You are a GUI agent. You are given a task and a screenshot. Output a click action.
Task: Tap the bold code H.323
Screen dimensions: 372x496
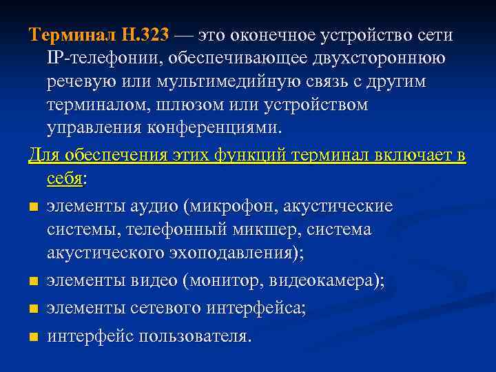(144, 34)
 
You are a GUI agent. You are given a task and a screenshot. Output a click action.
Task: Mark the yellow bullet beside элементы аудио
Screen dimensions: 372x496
(32, 207)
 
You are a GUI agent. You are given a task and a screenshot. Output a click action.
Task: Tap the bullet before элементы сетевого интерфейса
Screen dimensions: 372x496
(32, 309)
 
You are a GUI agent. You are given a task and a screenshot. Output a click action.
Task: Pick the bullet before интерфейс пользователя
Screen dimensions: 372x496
(32, 336)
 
